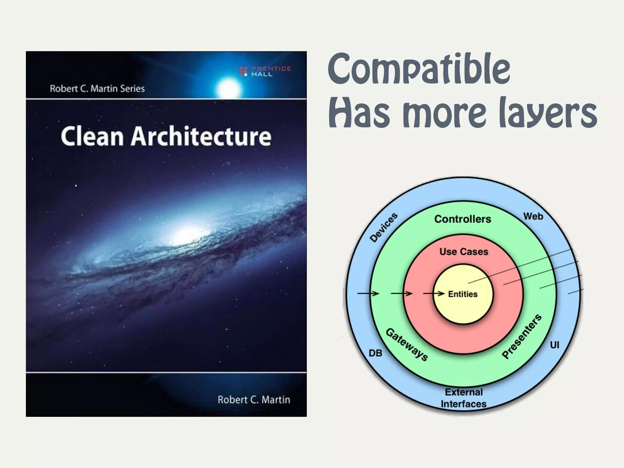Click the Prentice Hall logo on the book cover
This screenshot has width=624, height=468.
pos(266,71)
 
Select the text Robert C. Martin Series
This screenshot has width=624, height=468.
pos(97,89)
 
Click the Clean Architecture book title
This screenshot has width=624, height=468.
pos(166,136)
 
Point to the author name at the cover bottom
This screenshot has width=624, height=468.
pos(253,399)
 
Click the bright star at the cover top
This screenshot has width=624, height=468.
pos(228,89)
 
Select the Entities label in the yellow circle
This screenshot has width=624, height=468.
pos(463,294)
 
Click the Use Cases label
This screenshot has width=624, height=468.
pos(464,252)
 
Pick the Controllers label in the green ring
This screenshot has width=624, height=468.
pos(463,219)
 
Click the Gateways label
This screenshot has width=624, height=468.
pos(407,345)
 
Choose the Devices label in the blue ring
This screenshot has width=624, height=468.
pos(384,228)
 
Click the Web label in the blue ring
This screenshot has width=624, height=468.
pos(533,216)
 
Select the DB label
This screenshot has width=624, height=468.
pos(375,353)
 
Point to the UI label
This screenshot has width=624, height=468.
pos(554,345)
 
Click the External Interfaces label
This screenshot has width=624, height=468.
pos(463,398)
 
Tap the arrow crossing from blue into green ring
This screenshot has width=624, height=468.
pos(368,294)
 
